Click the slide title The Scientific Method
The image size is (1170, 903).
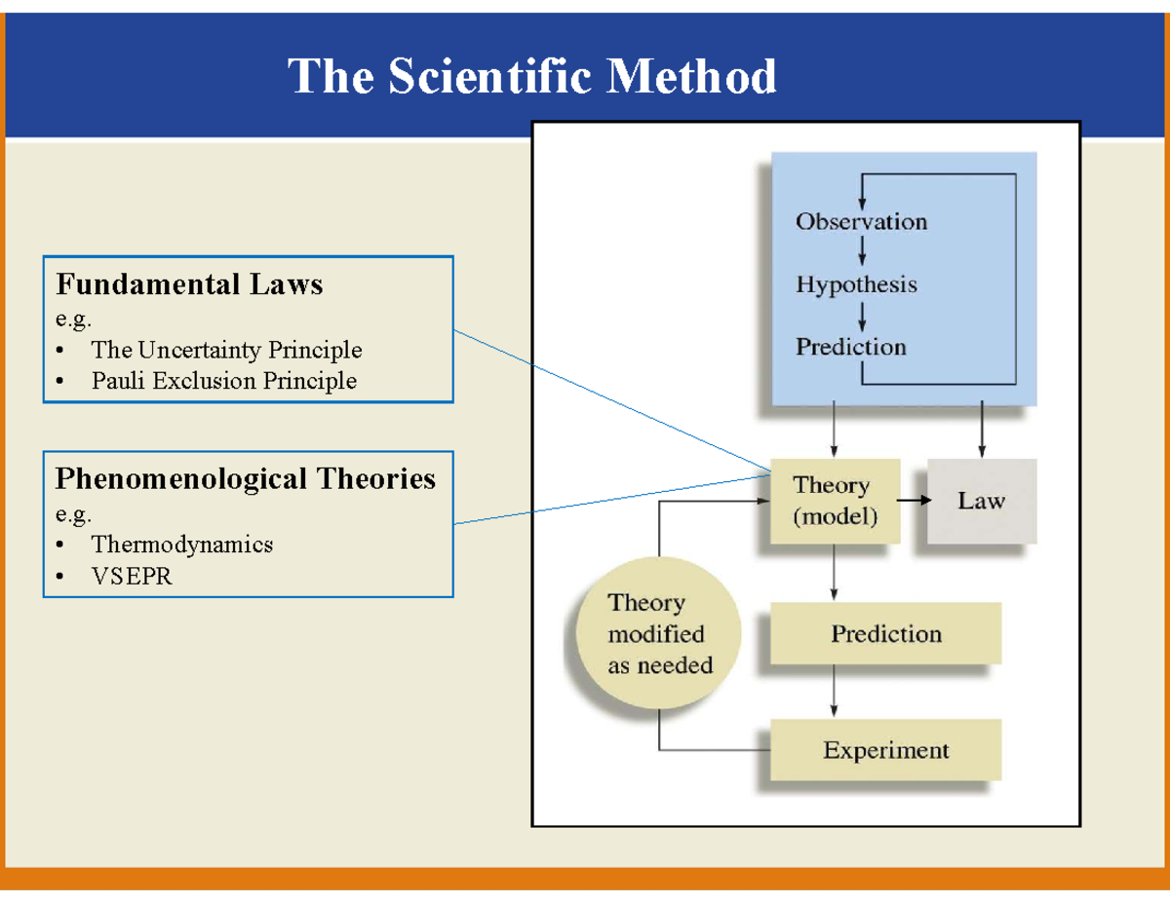pyautogui.click(x=531, y=76)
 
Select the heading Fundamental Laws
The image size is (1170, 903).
pyautogui.click(x=189, y=284)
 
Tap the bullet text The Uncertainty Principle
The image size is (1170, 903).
pyautogui.click(x=226, y=350)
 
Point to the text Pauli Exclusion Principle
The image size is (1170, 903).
pyautogui.click(x=224, y=381)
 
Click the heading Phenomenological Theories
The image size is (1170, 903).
pyautogui.click(x=246, y=478)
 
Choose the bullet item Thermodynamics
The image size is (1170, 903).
pyautogui.click(x=182, y=545)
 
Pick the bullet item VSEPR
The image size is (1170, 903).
pyautogui.click(x=132, y=576)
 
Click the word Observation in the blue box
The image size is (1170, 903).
pyautogui.click(x=862, y=221)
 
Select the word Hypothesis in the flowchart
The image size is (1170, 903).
pyautogui.click(x=857, y=284)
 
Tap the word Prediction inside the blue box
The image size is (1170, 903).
pyautogui.click(x=851, y=347)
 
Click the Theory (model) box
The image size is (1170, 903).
pyautogui.click(x=836, y=501)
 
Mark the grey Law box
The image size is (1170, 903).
pyautogui.click(x=982, y=501)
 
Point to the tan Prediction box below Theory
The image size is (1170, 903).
pyautogui.click(x=885, y=633)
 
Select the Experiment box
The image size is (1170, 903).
pyautogui.click(x=885, y=750)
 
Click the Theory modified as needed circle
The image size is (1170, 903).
pyautogui.click(x=658, y=633)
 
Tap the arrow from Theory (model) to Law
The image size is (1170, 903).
pyautogui.click(x=915, y=500)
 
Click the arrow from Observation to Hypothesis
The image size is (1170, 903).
pyautogui.click(x=862, y=251)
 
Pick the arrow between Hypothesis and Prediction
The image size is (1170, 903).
pyautogui.click(x=862, y=317)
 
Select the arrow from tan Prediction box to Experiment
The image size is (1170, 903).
pyautogui.click(x=834, y=691)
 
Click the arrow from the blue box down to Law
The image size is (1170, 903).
pyautogui.click(x=982, y=429)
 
